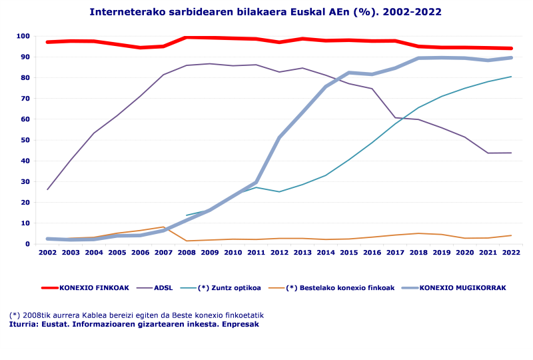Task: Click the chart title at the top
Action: coord(265,12)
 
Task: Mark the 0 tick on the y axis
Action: coord(28,244)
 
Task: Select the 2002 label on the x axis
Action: coord(47,253)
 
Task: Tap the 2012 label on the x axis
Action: coord(279,253)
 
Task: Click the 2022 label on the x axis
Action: coord(511,253)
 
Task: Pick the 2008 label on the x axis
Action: coord(187,253)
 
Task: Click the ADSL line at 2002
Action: coord(47,189)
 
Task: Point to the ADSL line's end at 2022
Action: coord(511,153)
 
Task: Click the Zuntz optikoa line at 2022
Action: coord(511,77)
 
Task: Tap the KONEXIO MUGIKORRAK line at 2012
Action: coord(279,137)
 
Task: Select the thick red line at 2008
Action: coord(187,37)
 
